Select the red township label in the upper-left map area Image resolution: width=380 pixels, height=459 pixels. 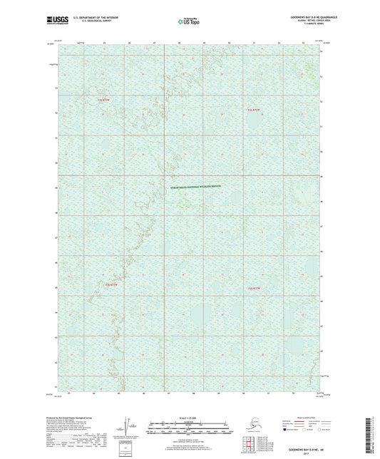click(x=105, y=102)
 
